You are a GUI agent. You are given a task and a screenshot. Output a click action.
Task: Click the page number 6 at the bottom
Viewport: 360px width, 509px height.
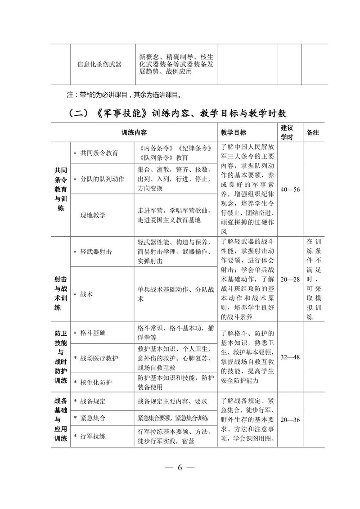point(179,467)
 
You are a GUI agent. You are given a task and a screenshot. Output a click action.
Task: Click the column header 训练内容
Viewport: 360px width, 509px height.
point(134,133)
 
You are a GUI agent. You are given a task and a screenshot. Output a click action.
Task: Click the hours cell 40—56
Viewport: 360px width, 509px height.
point(290,189)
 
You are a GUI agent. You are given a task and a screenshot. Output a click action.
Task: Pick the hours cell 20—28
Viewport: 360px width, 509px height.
point(290,279)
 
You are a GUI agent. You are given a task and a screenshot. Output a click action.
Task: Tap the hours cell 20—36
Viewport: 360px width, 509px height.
point(290,420)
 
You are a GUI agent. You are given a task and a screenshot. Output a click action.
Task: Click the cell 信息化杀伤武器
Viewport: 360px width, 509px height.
point(99,64)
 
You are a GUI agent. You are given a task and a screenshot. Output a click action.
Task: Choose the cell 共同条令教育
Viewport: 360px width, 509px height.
point(99,153)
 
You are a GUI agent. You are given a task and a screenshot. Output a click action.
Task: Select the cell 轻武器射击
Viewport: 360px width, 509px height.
point(99,252)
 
